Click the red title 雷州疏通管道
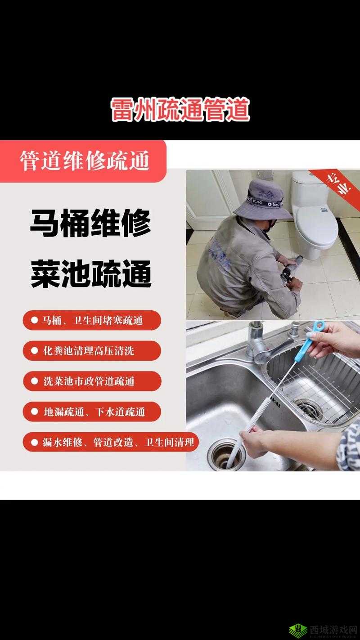click(180, 110)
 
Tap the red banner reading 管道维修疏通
click(84, 161)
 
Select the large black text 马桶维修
click(90, 224)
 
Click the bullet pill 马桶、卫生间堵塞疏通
click(92, 320)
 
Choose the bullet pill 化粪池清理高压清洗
click(92, 351)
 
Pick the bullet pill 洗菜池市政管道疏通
click(92, 381)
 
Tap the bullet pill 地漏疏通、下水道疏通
click(92, 412)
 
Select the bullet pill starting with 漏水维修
click(110, 442)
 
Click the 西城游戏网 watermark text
click(333, 629)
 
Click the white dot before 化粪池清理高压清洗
click(35, 351)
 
